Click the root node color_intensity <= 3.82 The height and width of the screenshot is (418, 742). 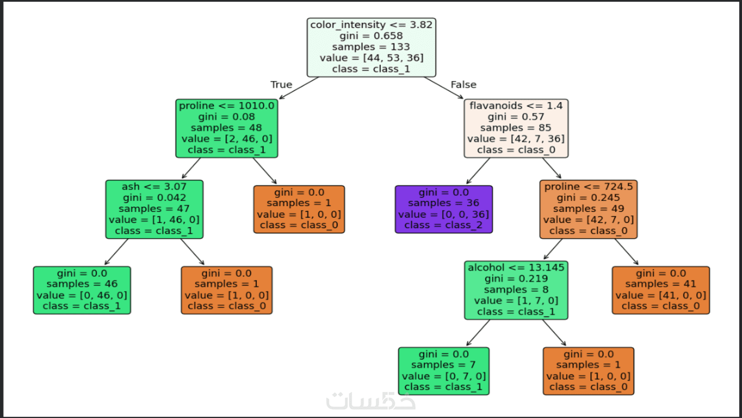click(371, 47)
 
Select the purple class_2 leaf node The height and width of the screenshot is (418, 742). click(443, 209)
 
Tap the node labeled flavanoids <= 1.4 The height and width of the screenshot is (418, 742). click(516, 128)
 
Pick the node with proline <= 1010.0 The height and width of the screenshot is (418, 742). click(227, 128)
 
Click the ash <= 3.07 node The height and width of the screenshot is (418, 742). click(154, 209)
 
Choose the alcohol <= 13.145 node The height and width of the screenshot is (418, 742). click(516, 290)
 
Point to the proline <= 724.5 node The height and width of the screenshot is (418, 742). click(588, 209)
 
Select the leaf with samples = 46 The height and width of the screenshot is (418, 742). click(82, 290)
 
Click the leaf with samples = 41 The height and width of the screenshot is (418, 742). click(661, 290)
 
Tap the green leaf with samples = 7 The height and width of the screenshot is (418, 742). click(443, 370)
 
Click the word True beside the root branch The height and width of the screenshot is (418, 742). click(281, 85)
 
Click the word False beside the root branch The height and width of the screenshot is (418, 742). click(463, 85)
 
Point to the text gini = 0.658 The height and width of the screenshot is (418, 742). click(371, 36)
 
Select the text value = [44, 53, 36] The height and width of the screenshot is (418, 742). click(371, 58)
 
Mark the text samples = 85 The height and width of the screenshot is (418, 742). click(516, 128)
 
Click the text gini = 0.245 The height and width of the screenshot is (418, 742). click(588, 198)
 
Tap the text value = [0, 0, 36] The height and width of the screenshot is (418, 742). click(443, 214)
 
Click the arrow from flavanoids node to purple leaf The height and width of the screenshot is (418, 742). click(478, 171)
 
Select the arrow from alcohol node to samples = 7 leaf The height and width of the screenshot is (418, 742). click(478, 333)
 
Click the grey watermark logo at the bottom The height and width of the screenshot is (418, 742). click(371, 401)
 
